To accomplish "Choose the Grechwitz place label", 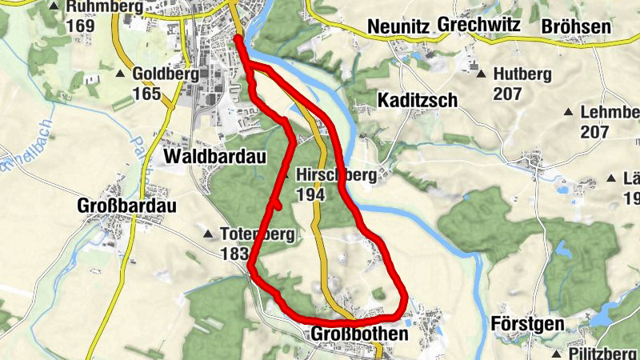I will (478, 26).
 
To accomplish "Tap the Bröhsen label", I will (576, 26).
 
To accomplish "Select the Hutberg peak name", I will (523, 74).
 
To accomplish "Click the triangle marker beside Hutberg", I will (481, 74).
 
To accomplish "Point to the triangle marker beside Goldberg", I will (120, 74).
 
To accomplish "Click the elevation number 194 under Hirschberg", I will (310, 194).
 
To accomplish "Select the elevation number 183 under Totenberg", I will (234, 253).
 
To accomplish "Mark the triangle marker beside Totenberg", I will (209, 235).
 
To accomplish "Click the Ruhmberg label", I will (105, 7).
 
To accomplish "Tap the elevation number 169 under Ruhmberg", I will (81, 25).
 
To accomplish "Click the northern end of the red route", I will (238, 38).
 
